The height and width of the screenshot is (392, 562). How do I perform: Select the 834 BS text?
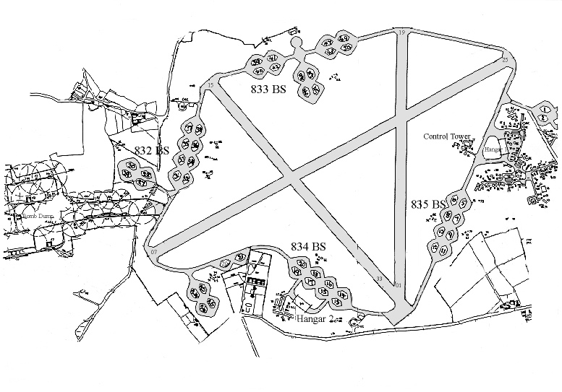tap(308, 247)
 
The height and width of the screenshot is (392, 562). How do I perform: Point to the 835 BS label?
tap(427, 204)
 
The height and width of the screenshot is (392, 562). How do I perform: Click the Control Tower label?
tap(448, 136)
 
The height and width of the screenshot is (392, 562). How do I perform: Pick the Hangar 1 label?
tap(495, 148)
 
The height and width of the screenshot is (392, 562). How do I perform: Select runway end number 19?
tap(401, 32)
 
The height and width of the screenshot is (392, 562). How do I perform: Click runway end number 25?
tap(504, 58)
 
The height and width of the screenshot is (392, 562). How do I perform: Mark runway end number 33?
tap(378, 279)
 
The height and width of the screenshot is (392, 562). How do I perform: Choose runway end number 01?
tap(397, 286)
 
